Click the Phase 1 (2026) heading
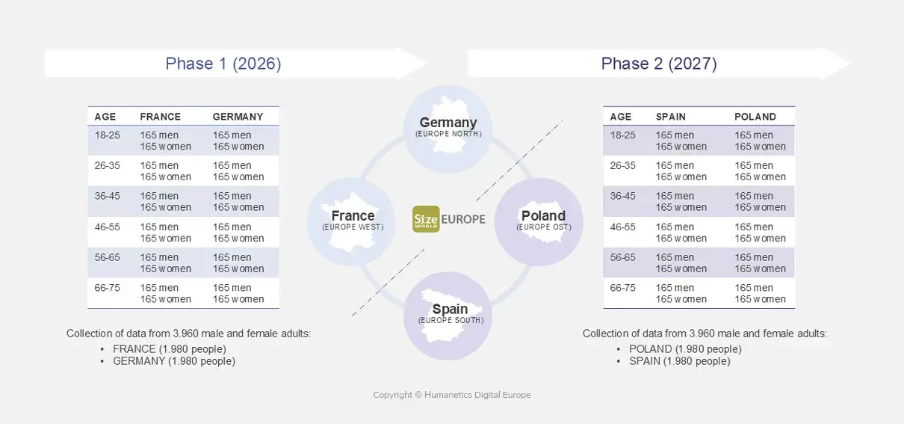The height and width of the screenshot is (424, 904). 223,64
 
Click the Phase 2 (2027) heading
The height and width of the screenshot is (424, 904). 659,64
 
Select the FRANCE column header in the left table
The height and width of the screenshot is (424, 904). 160,117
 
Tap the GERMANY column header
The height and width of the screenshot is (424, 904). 238,117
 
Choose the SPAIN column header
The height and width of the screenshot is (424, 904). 671,117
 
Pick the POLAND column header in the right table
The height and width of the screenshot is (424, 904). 755,117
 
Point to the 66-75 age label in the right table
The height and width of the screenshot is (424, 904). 623,288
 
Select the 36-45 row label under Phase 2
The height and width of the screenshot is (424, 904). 623,197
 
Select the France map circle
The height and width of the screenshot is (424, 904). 352,221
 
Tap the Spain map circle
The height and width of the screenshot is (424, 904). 449,315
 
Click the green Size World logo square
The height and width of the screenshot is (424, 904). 426,219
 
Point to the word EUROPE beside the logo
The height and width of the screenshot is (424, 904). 463,219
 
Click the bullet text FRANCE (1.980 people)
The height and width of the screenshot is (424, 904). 169,349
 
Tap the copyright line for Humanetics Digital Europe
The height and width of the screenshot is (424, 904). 452,395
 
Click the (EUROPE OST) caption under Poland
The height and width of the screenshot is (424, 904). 543,227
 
